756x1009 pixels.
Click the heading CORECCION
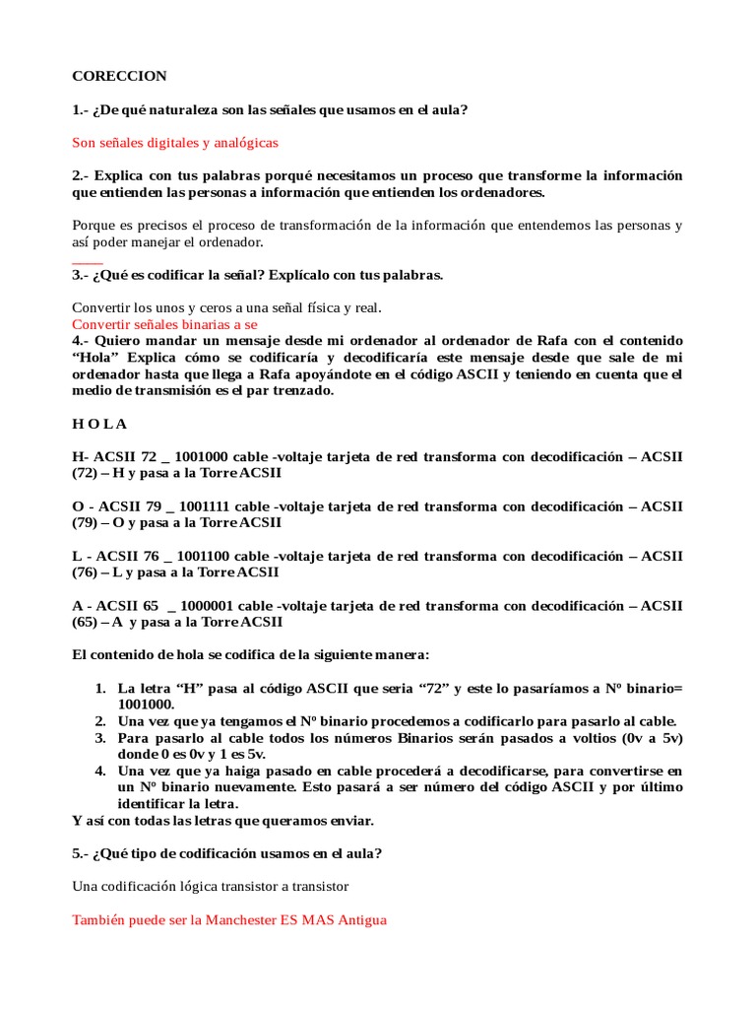(119, 76)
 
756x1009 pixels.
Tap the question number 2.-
(82, 175)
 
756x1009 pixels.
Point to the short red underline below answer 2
(88, 263)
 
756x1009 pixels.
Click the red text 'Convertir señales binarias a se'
(165, 323)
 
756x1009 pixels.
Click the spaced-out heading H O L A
(99, 424)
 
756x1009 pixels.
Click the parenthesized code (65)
(86, 622)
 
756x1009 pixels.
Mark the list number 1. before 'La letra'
(100, 687)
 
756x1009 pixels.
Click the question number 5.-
(82, 853)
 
